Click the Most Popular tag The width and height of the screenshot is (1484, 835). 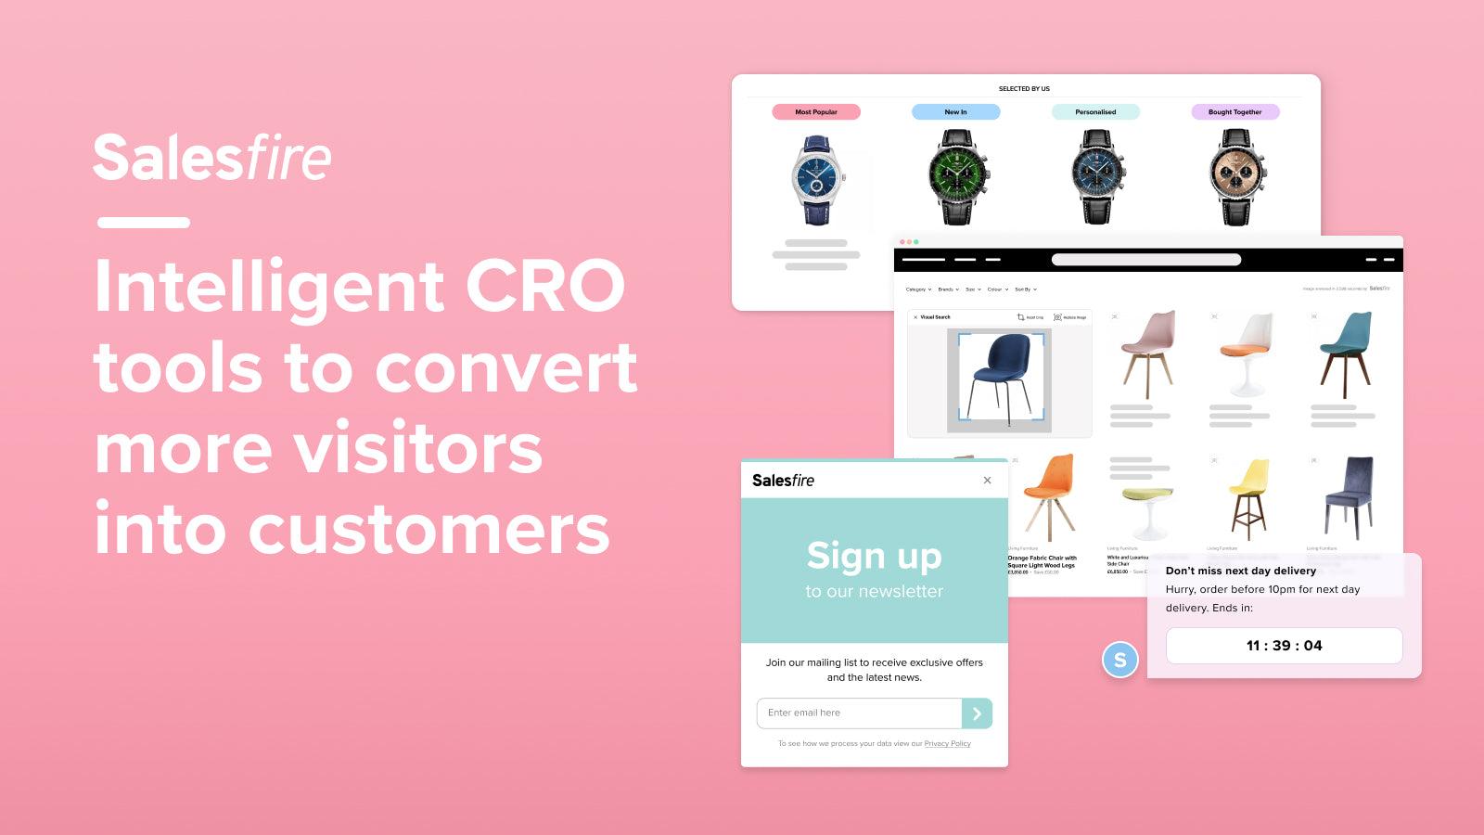click(816, 112)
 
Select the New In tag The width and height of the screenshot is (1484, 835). click(955, 112)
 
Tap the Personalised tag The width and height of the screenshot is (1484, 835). click(1095, 112)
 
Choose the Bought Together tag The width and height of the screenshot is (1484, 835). click(1235, 112)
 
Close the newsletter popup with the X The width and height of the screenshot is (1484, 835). click(987, 480)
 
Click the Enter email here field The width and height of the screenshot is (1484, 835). click(859, 713)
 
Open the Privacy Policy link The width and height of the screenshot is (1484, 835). click(947, 744)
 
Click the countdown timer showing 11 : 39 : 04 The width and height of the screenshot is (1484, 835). click(1284, 646)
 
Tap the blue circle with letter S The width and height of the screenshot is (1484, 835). click(1119, 660)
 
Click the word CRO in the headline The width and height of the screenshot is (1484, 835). click(545, 286)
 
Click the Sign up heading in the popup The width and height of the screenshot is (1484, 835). click(874, 557)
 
